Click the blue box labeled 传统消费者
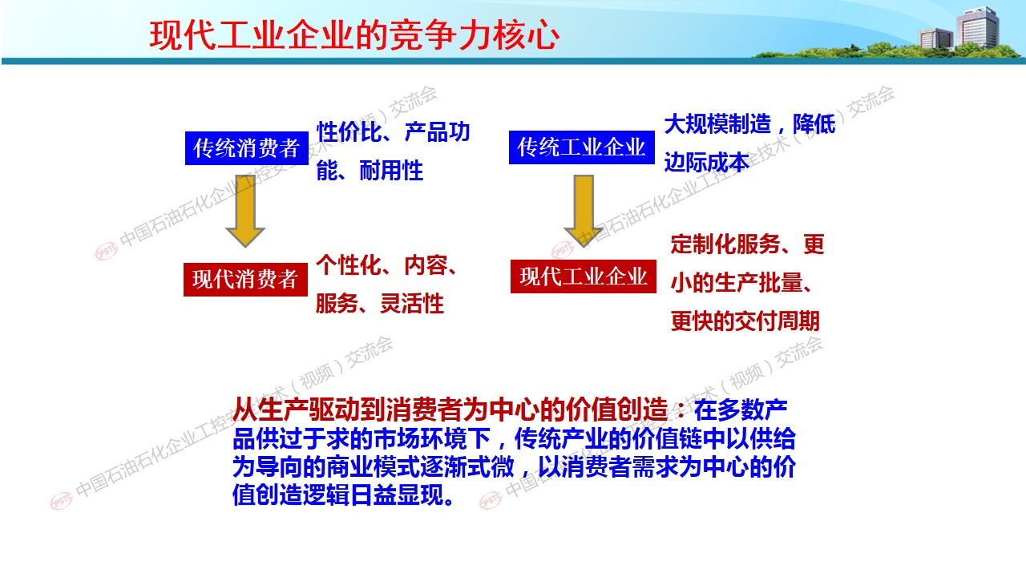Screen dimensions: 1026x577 click(246, 148)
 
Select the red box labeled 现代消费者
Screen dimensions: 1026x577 click(245, 280)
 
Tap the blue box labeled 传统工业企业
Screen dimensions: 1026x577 click(582, 147)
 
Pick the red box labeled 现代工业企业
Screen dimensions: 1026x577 click(583, 276)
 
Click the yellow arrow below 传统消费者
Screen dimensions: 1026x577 click(245, 211)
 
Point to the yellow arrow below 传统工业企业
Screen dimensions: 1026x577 click(583, 211)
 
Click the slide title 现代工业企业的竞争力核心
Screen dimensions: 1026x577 click(354, 35)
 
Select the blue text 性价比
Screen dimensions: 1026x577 click(349, 132)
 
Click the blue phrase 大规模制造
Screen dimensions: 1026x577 click(717, 123)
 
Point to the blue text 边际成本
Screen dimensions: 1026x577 click(707, 162)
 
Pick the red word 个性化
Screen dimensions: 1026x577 click(349, 264)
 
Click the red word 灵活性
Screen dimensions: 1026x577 click(412, 303)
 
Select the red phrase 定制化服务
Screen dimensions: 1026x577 click(725, 244)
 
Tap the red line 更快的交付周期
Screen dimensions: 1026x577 click(745, 321)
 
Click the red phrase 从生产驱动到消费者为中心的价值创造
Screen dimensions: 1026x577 click(450, 410)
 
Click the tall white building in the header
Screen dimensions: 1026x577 click(976, 27)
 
